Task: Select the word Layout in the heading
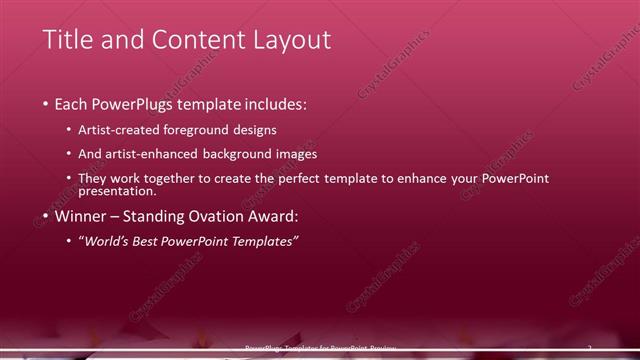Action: (x=292, y=40)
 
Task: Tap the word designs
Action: (x=255, y=130)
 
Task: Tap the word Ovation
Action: (x=213, y=215)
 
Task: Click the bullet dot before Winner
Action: (x=46, y=216)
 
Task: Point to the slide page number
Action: (x=589, y=348)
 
